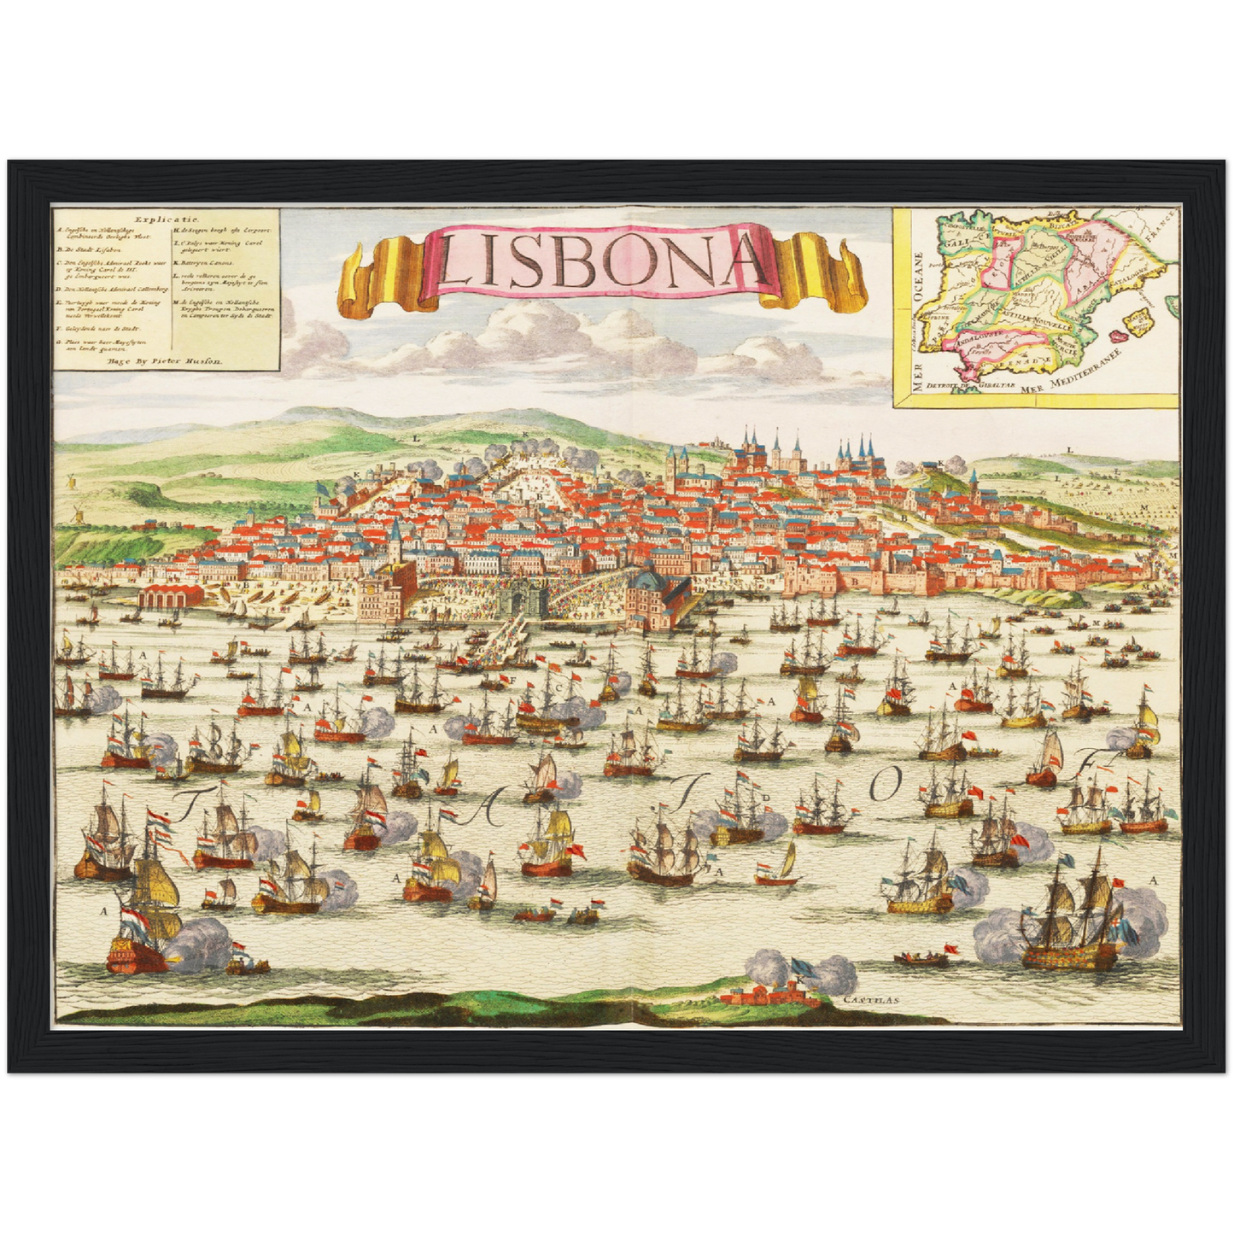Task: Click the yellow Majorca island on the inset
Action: [x=1138, y=323]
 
